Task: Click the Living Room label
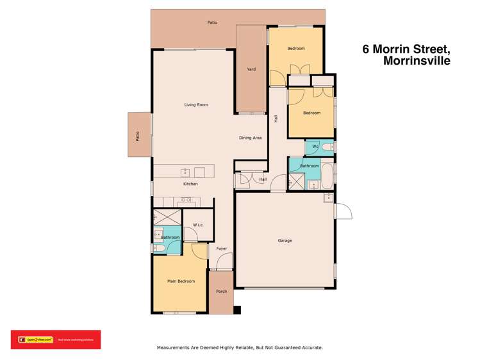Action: [196, 104]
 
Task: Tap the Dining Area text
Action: [251, 138]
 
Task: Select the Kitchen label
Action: [190, 184]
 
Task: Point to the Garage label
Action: [285, 241]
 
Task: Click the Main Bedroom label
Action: [181, 281]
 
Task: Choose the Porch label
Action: [221, 291]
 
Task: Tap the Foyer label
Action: [222, 249]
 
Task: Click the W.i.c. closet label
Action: [198, 225]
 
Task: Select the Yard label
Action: [251, 69]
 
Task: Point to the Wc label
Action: [315, 147]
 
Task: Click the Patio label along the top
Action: [211, 22]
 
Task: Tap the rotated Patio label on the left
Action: [137, 135]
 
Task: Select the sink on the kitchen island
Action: [185, 172]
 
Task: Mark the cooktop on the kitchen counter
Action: [185, 200]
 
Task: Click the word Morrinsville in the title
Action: [417, 62]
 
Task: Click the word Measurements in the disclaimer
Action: [176, 348]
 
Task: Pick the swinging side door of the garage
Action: [342, 211]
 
